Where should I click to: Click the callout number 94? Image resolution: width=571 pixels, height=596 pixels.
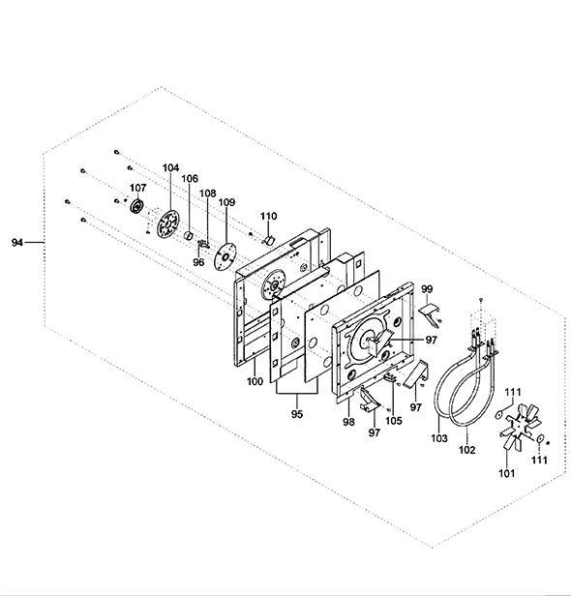pos(17,242)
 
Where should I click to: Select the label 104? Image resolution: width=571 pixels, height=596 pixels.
pos(170,167)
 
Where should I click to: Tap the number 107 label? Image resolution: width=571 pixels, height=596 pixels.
pos(138,188)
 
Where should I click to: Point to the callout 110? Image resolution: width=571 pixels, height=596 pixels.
pos(268,216)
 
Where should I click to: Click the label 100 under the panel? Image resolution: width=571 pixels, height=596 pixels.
pos(255,381)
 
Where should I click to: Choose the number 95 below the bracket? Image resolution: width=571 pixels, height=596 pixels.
pos(297,414)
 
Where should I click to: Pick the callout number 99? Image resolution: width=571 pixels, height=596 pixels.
pos(427,289)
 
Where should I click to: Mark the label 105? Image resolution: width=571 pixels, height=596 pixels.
pos(394,420)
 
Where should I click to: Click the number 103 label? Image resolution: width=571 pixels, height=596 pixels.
pos(439,438)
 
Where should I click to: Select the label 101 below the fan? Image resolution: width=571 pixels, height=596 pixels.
pos(507,473)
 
